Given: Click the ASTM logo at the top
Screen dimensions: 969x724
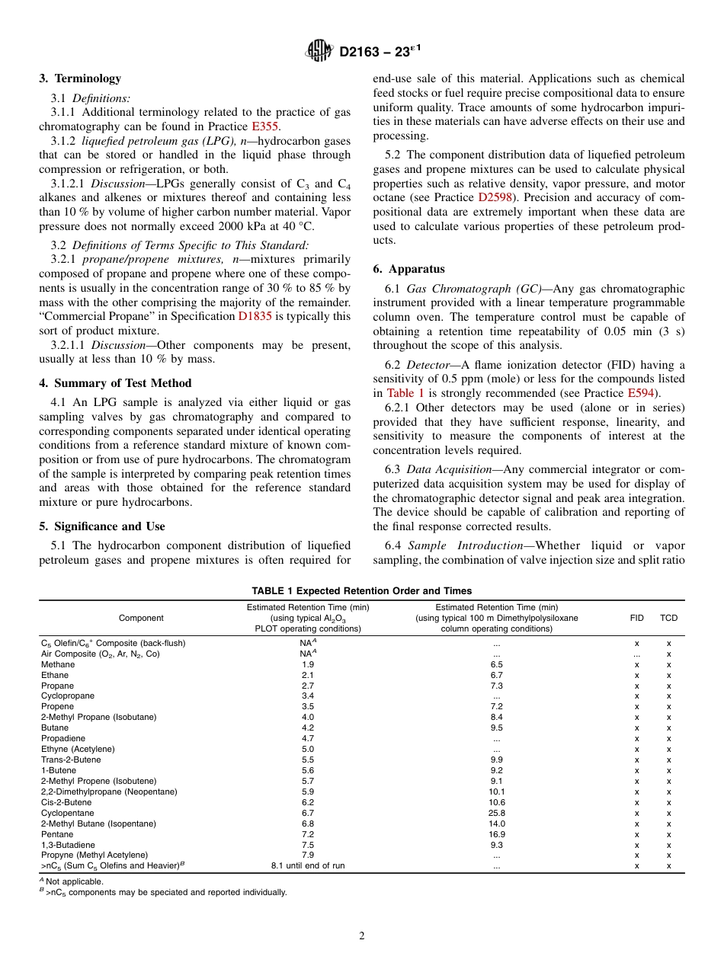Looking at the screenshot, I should [319, 51].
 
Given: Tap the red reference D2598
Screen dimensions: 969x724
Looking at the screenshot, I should [492, 197].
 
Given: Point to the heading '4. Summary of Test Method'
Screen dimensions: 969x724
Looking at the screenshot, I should [115, 383].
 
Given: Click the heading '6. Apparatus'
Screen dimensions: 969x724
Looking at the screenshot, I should [408, 269].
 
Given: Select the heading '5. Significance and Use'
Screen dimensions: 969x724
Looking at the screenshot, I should [101, 526].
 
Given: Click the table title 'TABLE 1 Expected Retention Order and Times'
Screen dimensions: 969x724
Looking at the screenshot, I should [362, 591].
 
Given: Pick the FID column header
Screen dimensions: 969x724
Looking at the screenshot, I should [636, 618].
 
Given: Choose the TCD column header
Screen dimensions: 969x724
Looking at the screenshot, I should [668, 618].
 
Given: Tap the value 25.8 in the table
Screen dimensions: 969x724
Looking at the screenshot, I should [496, 813].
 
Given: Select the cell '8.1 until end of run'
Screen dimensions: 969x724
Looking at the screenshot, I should [308, 866].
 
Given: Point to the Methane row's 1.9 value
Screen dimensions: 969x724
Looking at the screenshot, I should [308, 664].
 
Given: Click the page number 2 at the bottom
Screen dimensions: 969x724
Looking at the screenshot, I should [362, 936].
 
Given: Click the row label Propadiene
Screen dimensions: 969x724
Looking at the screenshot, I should [63, 738].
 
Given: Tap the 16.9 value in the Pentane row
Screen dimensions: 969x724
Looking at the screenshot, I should [496, 834].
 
